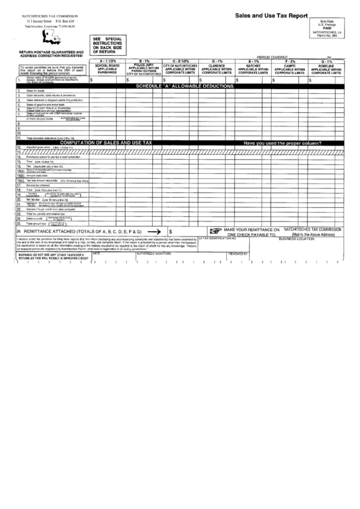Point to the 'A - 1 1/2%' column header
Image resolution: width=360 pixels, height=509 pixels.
pyautogui.click(x=107, y=61)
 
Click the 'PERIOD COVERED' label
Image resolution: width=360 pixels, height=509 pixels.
pyautogui.click(x=272, y=57)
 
